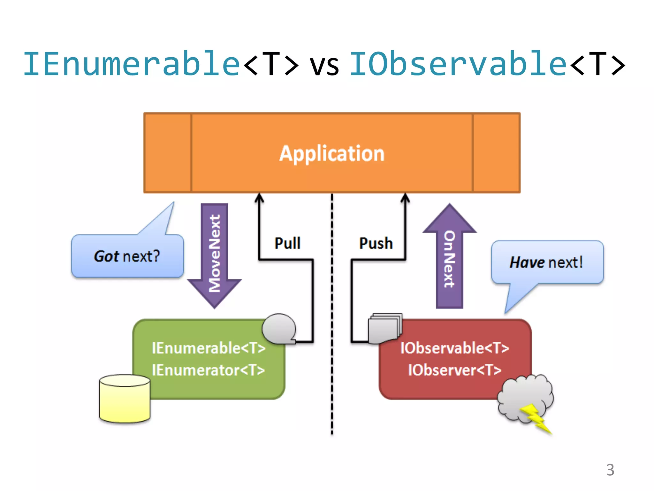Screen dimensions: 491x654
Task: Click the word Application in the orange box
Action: (332, 154)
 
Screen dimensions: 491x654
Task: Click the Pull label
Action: (287, 243)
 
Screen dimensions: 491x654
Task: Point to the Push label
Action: (376, 243)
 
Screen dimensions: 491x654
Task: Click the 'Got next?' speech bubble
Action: (127, 256)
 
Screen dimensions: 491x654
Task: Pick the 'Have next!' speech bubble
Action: (547, 262)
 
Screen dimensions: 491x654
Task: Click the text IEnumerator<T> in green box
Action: (209, 370)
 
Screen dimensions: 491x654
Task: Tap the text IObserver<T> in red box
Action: (455, 370)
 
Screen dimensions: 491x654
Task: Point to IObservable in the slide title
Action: (459, 64)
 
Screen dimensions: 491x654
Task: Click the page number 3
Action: (610, 470)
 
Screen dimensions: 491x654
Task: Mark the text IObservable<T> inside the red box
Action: (455, 348)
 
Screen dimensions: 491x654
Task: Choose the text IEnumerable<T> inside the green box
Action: (209, 348)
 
